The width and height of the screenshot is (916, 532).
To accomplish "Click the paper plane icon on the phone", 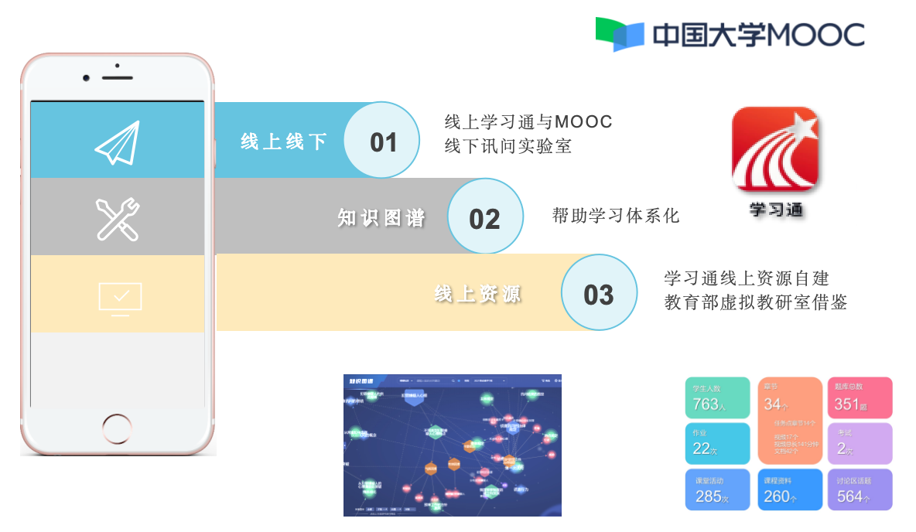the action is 118,142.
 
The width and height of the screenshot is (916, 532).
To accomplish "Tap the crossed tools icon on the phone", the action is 118,219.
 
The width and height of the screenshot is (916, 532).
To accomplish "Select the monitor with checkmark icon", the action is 120,298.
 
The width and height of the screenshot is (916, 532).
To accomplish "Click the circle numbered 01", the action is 382,142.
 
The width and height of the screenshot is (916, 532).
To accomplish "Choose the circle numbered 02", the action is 485,218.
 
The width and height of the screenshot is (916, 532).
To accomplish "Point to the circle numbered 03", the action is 599,294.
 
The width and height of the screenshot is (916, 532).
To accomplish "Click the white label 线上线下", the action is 283,142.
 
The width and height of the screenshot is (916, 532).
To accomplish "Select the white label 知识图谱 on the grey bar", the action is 381,219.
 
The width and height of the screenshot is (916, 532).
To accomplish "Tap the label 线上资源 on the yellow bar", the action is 477,295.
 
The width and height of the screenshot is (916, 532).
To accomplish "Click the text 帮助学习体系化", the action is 616,216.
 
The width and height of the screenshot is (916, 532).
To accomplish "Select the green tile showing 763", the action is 717,397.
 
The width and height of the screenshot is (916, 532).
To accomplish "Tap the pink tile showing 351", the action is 859,397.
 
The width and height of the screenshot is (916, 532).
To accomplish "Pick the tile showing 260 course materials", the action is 788,489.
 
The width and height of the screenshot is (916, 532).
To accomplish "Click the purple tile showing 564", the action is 859,489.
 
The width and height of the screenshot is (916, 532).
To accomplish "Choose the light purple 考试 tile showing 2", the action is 859,443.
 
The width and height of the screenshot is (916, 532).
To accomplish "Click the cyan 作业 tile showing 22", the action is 717,443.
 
